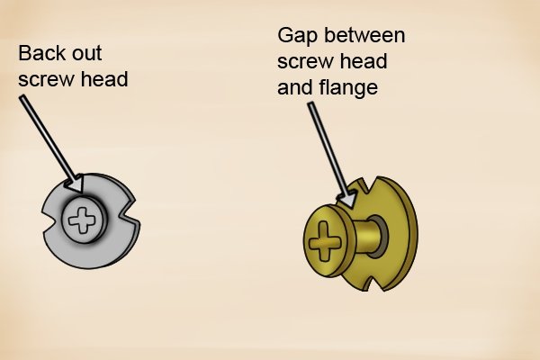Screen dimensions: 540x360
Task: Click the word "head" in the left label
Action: point(104,79)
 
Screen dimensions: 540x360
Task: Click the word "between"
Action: point(364,35)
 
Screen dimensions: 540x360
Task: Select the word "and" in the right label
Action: point(295,87)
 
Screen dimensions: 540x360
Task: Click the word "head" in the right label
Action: point(364,61)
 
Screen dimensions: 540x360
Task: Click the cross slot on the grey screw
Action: point(81,220)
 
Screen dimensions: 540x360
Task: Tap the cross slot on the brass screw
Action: point(324,240)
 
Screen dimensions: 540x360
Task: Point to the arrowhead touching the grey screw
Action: point(75,184)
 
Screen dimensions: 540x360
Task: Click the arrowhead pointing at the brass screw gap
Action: point(346,200)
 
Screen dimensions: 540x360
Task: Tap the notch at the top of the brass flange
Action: point(368,185)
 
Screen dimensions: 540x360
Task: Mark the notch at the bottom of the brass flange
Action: point(375,282)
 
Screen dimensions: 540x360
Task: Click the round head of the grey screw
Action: point(83,220)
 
